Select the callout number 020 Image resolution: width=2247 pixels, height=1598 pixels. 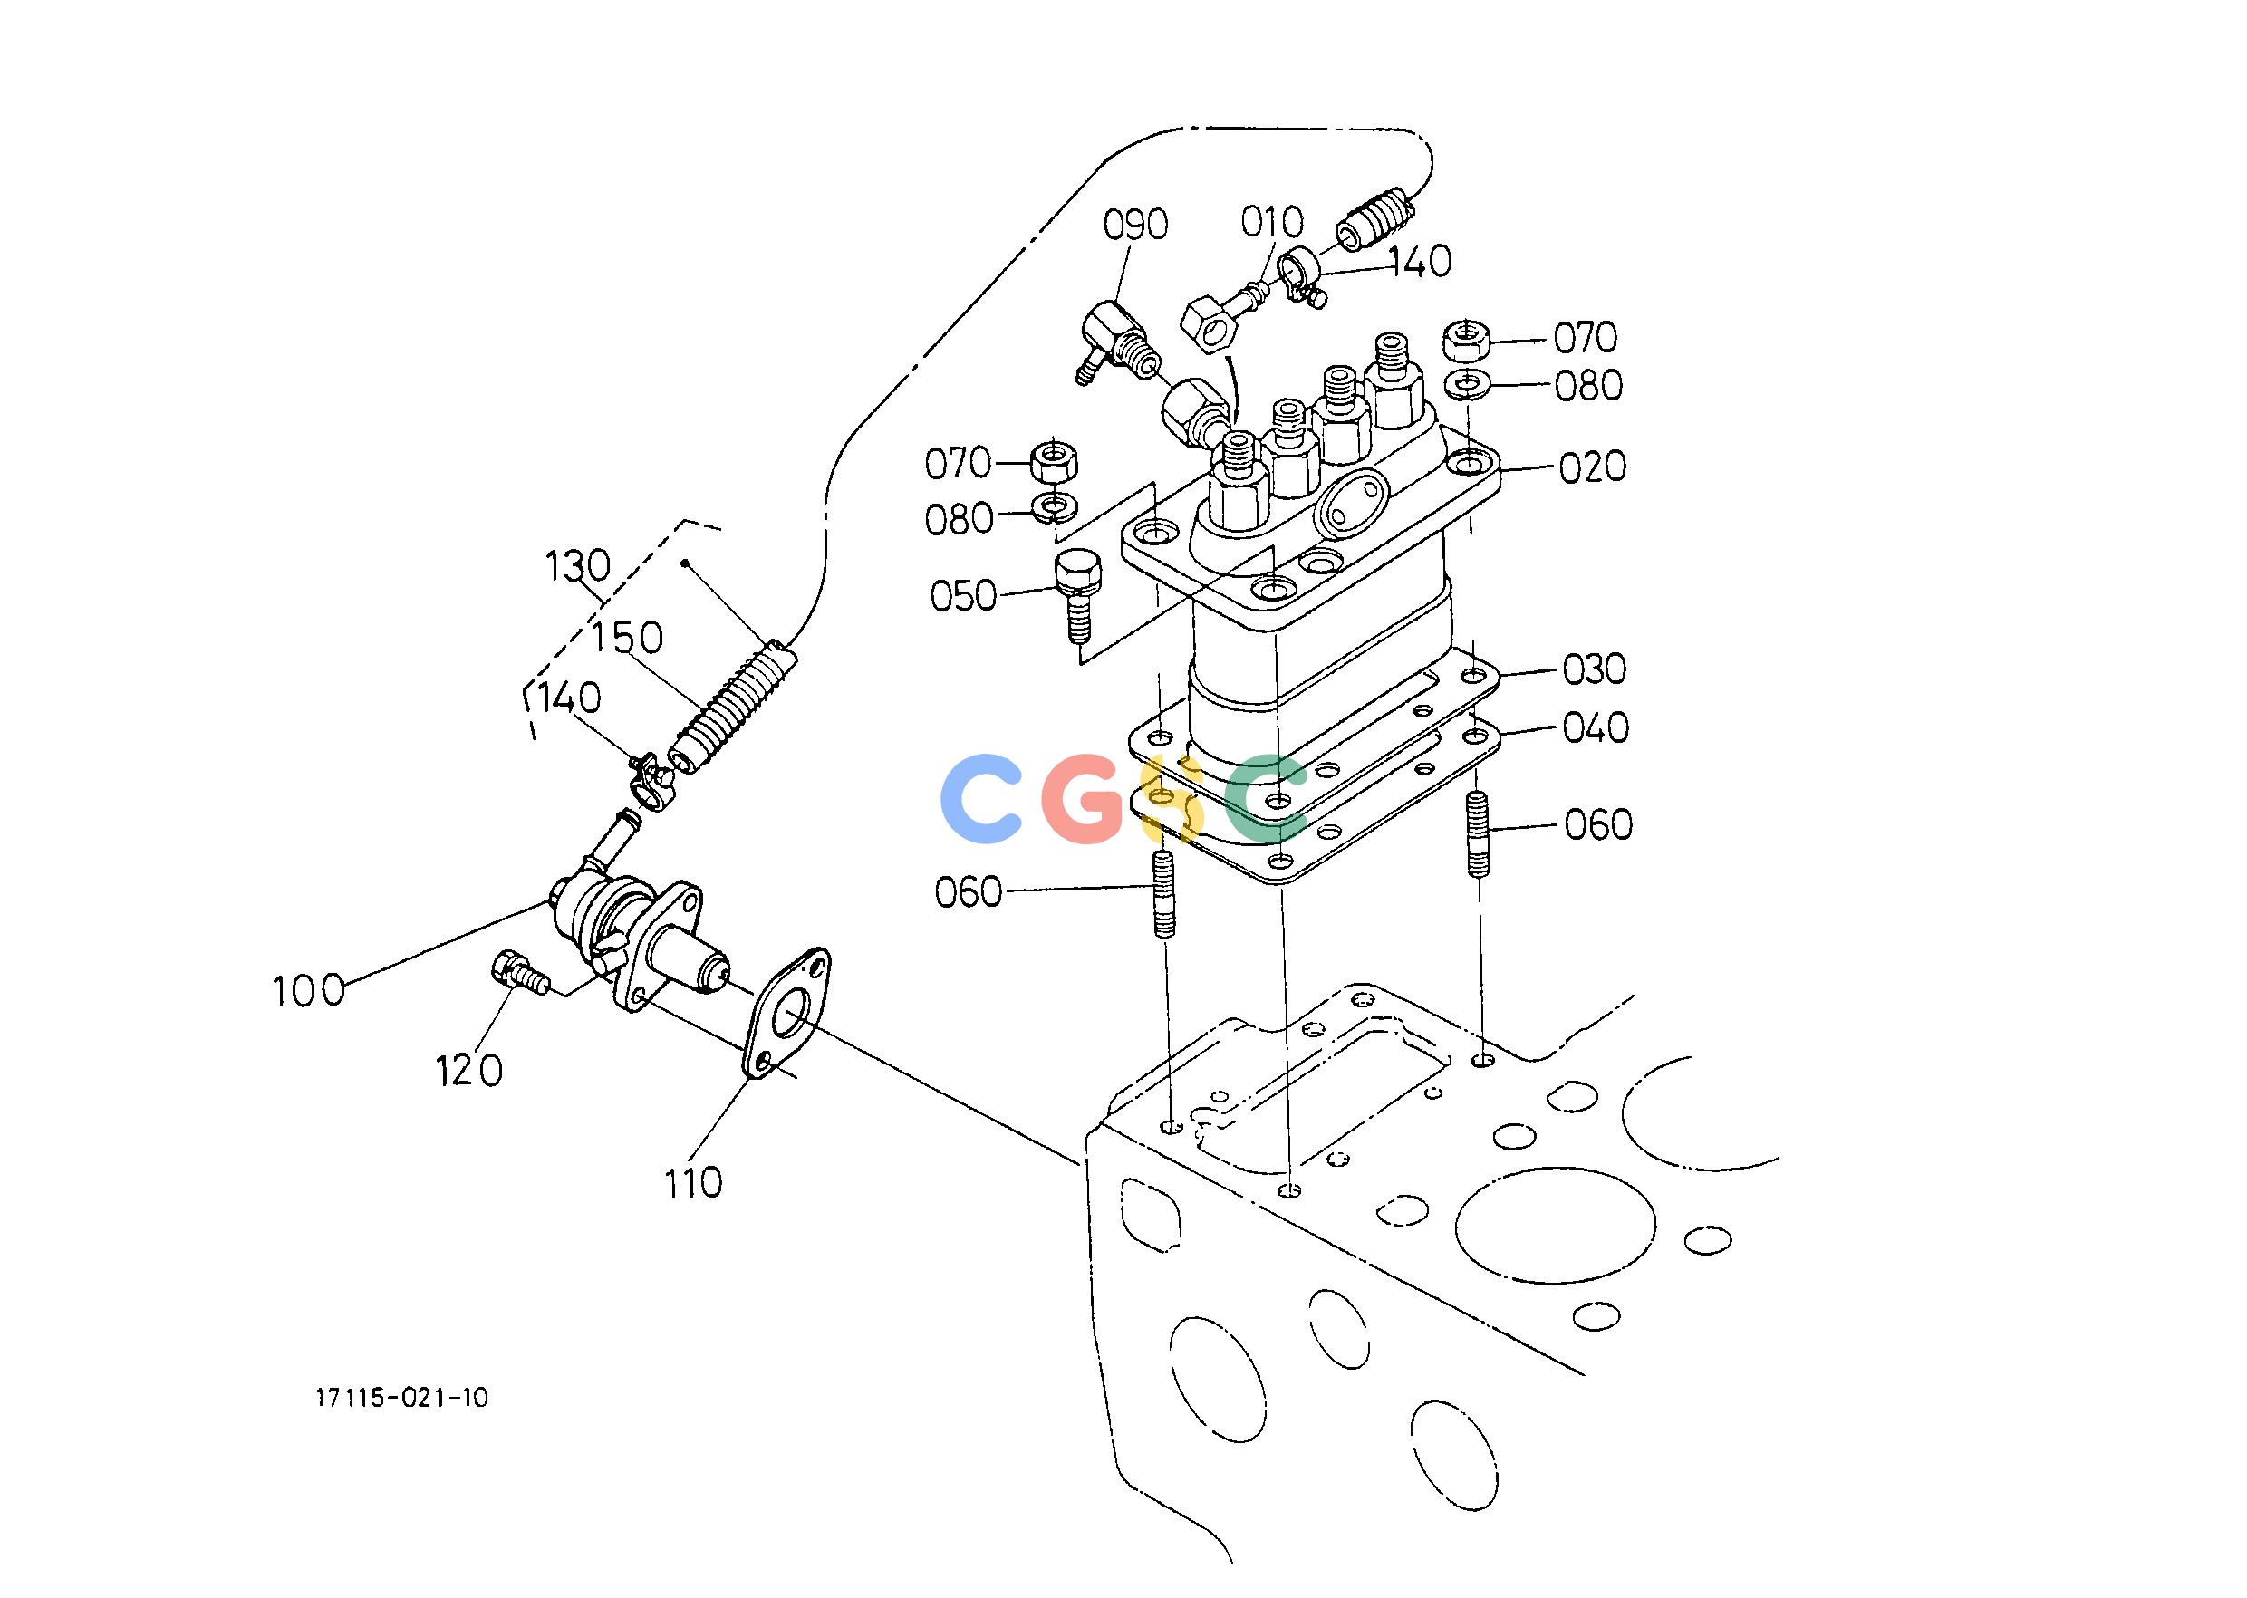(1592, 467)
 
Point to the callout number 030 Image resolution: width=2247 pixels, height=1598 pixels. (1595, 669)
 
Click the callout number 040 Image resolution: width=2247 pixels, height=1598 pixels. (1596, 728)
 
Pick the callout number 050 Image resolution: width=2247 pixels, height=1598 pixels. (963, 596)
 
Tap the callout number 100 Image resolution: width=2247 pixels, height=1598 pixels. (309, 991)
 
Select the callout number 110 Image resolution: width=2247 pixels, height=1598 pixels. (693, 1184)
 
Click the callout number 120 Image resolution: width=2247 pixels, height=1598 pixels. (469, 1071)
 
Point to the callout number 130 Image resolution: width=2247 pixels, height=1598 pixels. (578, 567)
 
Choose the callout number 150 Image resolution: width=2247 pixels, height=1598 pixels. (628, 639)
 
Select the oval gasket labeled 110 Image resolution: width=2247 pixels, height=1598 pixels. (784, 1013)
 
